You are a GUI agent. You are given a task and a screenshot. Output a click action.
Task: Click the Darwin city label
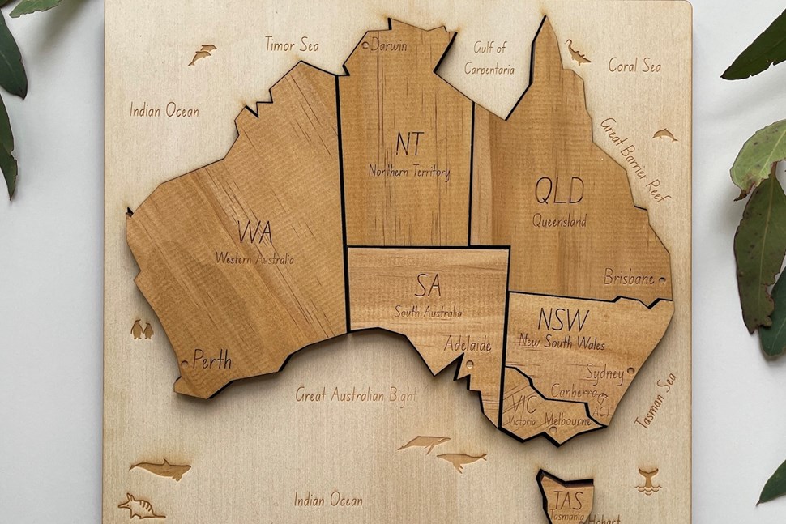[389, 46]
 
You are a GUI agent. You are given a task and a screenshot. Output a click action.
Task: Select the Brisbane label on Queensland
[629, 278]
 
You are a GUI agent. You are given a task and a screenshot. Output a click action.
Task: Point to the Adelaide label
[468, 345]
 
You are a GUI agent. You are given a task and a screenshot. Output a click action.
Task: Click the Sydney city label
[604, 373]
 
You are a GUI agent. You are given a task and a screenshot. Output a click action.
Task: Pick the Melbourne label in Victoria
[567, 421]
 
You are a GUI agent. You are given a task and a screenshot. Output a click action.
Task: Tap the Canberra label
[574, 391]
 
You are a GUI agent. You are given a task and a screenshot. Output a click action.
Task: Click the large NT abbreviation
[410, 144]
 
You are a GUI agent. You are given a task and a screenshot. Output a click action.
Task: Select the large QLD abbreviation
[559, 191]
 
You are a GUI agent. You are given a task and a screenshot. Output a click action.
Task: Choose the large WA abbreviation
[255, 233]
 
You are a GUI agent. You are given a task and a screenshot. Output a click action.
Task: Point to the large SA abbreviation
[429, 285]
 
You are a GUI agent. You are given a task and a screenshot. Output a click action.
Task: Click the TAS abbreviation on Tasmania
[567, 499]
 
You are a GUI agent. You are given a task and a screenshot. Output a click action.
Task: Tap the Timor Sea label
[292, 45]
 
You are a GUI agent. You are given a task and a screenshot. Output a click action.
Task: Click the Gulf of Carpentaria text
[489, 58]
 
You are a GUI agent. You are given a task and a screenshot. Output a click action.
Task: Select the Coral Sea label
[634, 65]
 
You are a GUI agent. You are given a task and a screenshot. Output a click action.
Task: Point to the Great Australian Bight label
[357, 395]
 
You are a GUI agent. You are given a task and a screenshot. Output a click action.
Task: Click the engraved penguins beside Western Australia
[142, 330]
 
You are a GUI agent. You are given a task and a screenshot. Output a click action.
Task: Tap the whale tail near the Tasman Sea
[648, 479]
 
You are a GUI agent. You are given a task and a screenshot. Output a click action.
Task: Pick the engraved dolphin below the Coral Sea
[664, 134]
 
